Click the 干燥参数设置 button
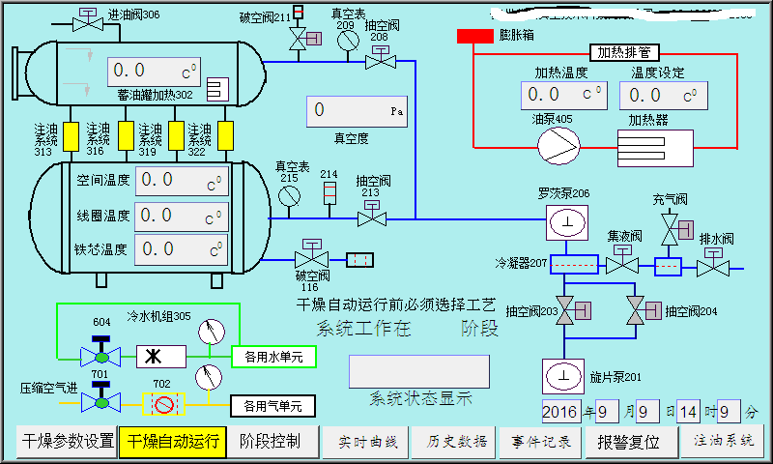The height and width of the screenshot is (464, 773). (66, 443)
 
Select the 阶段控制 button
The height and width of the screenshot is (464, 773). (270, 443)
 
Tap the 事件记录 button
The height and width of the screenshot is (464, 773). (540, 443)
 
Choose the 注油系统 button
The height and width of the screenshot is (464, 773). (721, 442)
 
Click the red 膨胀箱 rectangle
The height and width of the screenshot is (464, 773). (474, 36)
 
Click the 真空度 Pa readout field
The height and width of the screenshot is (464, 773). (356, 112)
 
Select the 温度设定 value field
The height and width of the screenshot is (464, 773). (660, 95)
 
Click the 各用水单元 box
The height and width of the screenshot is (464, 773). (273, 357)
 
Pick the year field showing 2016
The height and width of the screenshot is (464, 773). (559, 412)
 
